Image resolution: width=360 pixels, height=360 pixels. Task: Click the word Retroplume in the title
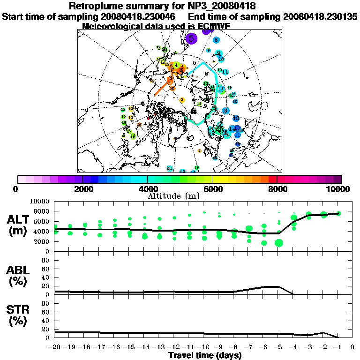click(x=96, y=7)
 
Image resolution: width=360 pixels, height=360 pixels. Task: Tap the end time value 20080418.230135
click(x=320, y=17)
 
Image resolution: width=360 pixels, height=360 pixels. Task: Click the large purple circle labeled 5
click(x=191, y=38)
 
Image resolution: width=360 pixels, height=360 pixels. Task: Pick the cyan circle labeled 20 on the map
click(x=169, y=168)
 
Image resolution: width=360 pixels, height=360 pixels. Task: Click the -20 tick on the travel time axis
click(x=55, y=347)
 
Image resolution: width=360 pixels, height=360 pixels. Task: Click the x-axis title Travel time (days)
click(x=205, y=356)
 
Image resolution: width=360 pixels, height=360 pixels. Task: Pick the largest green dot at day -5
click(x=279, y=243)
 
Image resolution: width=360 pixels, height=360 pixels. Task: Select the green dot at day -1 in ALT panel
click(x=338, y=213)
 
